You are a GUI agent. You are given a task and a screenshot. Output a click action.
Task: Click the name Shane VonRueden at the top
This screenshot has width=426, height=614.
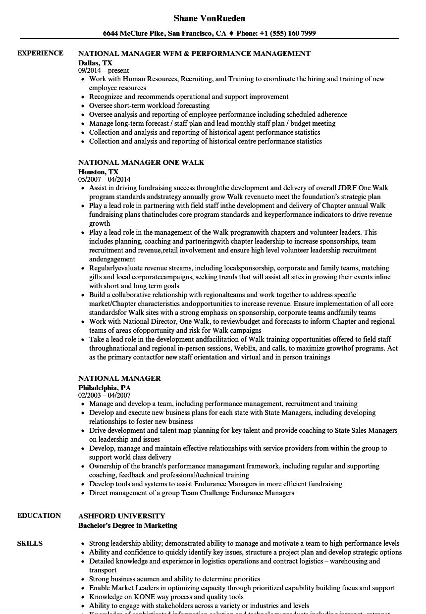pos(210,18)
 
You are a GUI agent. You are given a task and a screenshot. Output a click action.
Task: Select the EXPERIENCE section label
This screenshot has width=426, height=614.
pos(40,53)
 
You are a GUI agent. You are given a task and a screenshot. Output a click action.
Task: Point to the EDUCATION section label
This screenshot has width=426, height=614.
pos(39,516)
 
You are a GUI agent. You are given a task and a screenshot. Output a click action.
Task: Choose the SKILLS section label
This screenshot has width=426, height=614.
pos(30,544)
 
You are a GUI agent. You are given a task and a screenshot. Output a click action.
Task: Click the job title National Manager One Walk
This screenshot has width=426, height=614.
pos(141,162)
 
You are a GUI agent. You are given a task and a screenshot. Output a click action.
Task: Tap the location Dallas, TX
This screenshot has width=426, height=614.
pos(95,63)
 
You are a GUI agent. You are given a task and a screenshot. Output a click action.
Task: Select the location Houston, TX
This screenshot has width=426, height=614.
pos(98,172)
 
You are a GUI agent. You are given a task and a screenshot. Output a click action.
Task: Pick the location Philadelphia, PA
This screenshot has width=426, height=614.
pos(105,388)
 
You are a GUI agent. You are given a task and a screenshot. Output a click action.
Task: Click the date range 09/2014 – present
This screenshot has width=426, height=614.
pos(104,71)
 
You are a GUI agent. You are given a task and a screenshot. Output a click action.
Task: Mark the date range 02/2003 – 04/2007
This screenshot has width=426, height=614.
pos(104,396)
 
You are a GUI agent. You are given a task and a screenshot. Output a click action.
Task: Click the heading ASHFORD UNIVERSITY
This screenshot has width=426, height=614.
pos(122,516)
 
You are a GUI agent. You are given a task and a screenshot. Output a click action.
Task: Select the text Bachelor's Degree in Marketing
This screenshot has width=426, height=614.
pos(127,525)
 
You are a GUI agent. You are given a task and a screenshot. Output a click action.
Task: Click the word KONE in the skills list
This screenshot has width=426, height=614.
pos(137,597)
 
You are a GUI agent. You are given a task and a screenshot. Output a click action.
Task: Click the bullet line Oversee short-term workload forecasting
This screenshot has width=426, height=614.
pos(149,106)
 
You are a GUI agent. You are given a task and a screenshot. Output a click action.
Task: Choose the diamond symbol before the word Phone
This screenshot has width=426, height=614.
pos(231,34)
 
